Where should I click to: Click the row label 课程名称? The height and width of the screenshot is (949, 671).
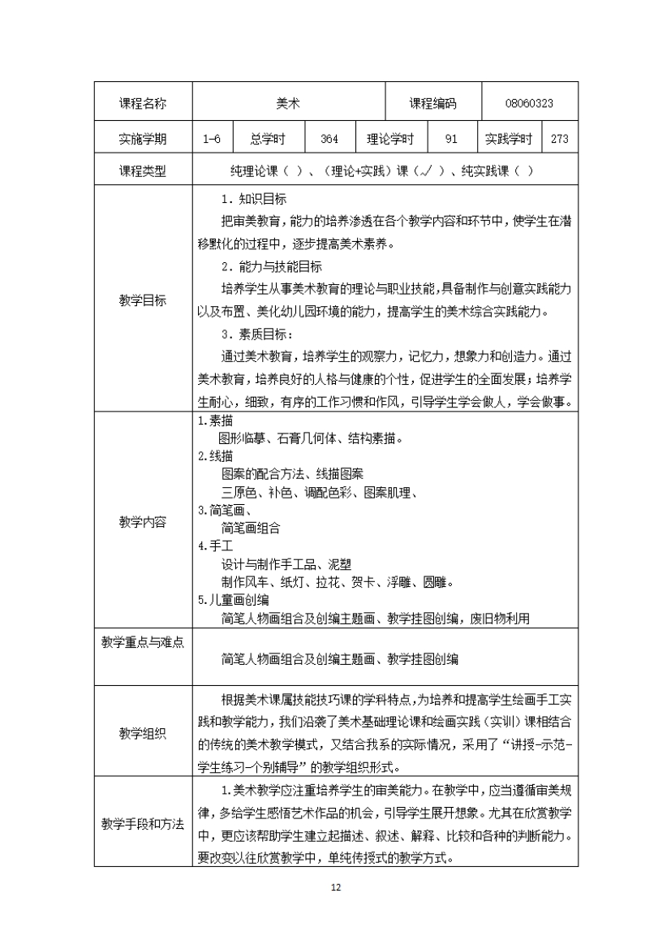coord(143,103)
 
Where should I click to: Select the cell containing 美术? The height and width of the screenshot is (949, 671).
coord(288,103)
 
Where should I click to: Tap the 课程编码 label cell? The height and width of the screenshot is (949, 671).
coord(432,103)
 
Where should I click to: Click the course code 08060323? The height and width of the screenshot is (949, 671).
coord(529,103)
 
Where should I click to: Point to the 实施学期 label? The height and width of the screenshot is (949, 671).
coord(143,139)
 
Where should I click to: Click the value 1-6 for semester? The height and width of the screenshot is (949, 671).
coord(213,139)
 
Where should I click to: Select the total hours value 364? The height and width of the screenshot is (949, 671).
coord(329,139)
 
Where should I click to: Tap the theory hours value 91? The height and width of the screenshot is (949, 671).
coord(452,139)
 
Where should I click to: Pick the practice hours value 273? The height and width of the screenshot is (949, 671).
coord(560,139)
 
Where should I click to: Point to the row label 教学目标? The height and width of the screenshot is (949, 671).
coord(143,300)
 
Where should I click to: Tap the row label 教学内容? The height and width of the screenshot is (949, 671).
coord(143,521)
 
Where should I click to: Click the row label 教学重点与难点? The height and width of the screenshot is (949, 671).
coord(143,642)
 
